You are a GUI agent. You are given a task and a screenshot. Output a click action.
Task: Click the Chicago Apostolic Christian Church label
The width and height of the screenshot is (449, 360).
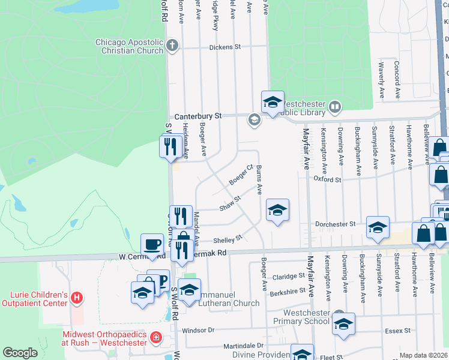pos(129,46)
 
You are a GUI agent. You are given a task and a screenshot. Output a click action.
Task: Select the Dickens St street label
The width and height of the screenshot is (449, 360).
pos(225,47)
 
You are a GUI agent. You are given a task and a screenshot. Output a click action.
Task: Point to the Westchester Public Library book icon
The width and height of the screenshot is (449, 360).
pos(335,108)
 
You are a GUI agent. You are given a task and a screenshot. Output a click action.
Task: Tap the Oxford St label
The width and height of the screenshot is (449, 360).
pos(327,179)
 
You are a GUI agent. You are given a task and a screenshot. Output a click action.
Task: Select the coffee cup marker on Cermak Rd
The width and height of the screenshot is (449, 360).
pos(152,244)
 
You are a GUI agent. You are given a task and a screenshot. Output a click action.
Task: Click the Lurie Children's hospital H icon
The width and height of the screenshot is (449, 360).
pos(76,297)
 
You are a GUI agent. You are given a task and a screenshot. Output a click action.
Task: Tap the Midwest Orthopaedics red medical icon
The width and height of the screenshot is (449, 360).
pos(156,337)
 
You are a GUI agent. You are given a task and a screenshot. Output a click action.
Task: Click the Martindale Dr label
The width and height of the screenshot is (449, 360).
pos(244,346)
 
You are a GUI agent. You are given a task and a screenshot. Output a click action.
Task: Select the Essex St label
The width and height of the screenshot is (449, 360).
pos(399,330)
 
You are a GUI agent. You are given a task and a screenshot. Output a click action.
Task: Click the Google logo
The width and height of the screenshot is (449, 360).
pos(20,353)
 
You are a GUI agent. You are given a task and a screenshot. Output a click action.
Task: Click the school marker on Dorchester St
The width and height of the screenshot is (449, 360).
pos(378,227)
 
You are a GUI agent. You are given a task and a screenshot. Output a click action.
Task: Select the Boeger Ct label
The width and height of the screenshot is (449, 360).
pos(241,175)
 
